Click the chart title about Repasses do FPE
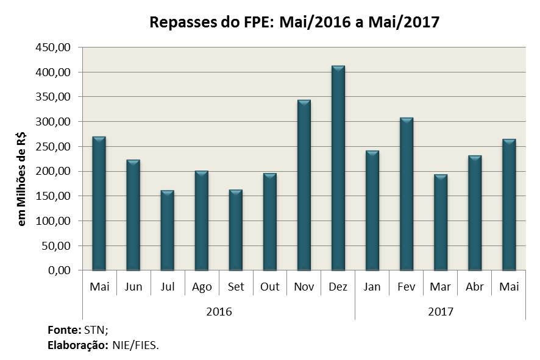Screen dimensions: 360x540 click(294, 23)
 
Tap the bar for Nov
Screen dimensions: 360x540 click(304, 185)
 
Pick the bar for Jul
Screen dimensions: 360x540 click(167, 230)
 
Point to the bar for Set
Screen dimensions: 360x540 click(235, 230)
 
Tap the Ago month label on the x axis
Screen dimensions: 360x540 click(201, 287)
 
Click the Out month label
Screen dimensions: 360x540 click(269, 287)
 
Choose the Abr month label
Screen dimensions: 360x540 click(474, 287)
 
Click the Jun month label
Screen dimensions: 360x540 click(133, 287)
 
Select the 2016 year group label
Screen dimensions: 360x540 click(218, 311)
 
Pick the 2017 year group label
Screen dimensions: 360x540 click(440, 311)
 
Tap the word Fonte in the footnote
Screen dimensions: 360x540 click(63, 330)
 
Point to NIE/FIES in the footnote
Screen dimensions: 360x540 click(135, 345)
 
